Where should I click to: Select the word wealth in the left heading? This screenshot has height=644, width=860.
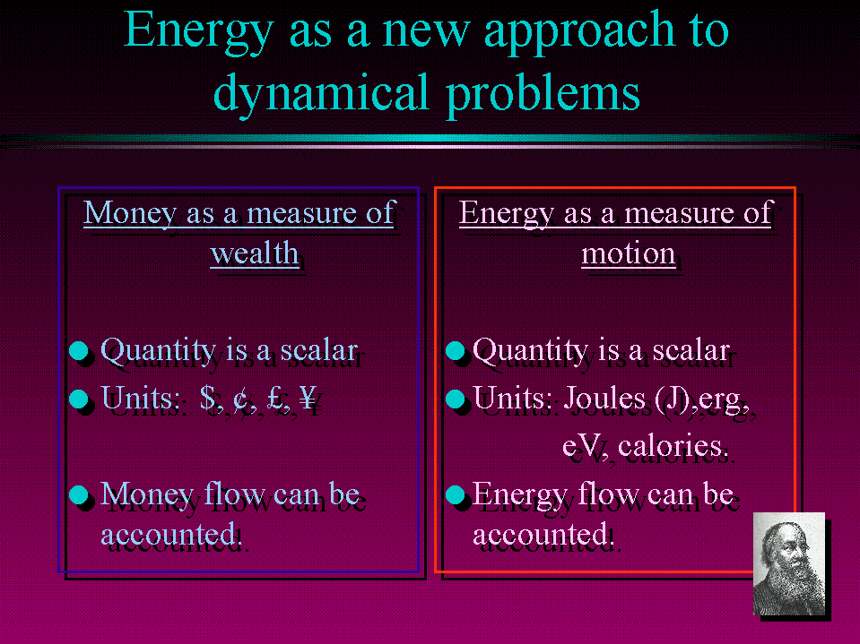[255, 253]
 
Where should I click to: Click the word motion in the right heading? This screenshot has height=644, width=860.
[628, 253]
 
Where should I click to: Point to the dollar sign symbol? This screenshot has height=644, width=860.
[208, 397]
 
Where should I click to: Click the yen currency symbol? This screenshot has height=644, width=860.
[308, 397]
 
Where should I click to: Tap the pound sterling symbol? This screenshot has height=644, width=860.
[275, 397]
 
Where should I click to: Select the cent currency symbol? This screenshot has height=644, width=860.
[240, 398]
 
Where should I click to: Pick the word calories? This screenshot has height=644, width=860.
[672, 446]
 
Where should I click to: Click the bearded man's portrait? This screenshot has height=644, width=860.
[788, 563]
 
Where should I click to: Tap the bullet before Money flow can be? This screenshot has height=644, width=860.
[79, 494]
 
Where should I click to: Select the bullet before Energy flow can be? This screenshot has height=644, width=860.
[456, 494]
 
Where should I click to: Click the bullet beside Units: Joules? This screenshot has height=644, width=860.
[456, 399]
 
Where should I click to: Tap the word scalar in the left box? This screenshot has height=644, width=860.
[319, 350]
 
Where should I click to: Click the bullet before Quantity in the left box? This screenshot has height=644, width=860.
[79, 351]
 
